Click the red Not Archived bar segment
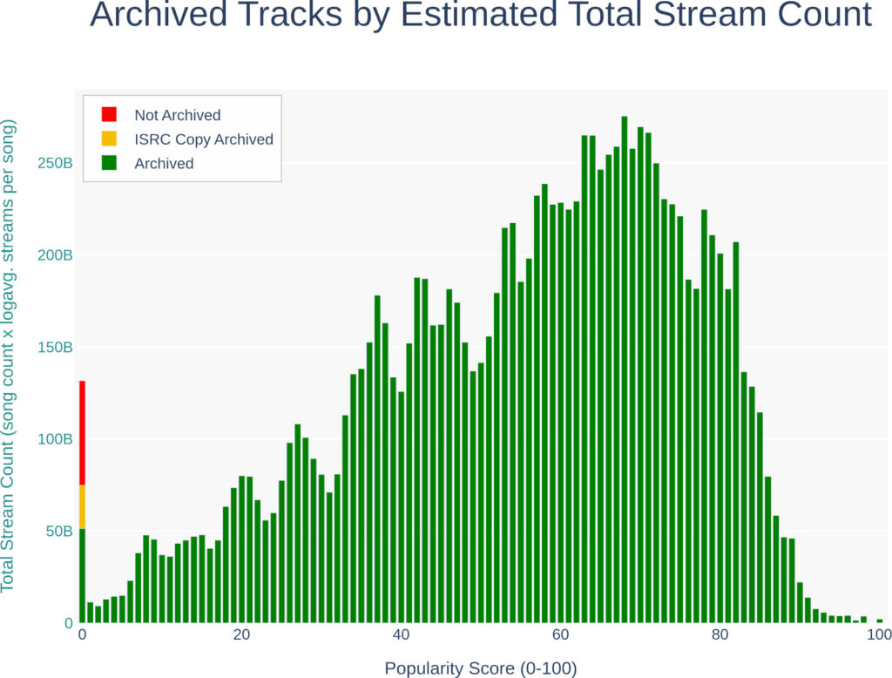[x=82, y=432]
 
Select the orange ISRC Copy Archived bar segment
[x=82, y=506]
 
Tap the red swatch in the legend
[x=109, y=114]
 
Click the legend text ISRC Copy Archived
[x=203, y=139]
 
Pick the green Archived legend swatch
[x=109, y=163]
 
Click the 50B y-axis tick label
[x=57, y=531]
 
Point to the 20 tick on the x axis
[x=241, y=634]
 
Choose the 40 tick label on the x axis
[x=401, y=634]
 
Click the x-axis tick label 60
[x=560, y=634]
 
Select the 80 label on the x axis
[x=720, y=634]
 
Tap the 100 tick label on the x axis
[x=878, y=634]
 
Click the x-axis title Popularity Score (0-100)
[x=481, y=668]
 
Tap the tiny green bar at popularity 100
[x=880, y=620]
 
